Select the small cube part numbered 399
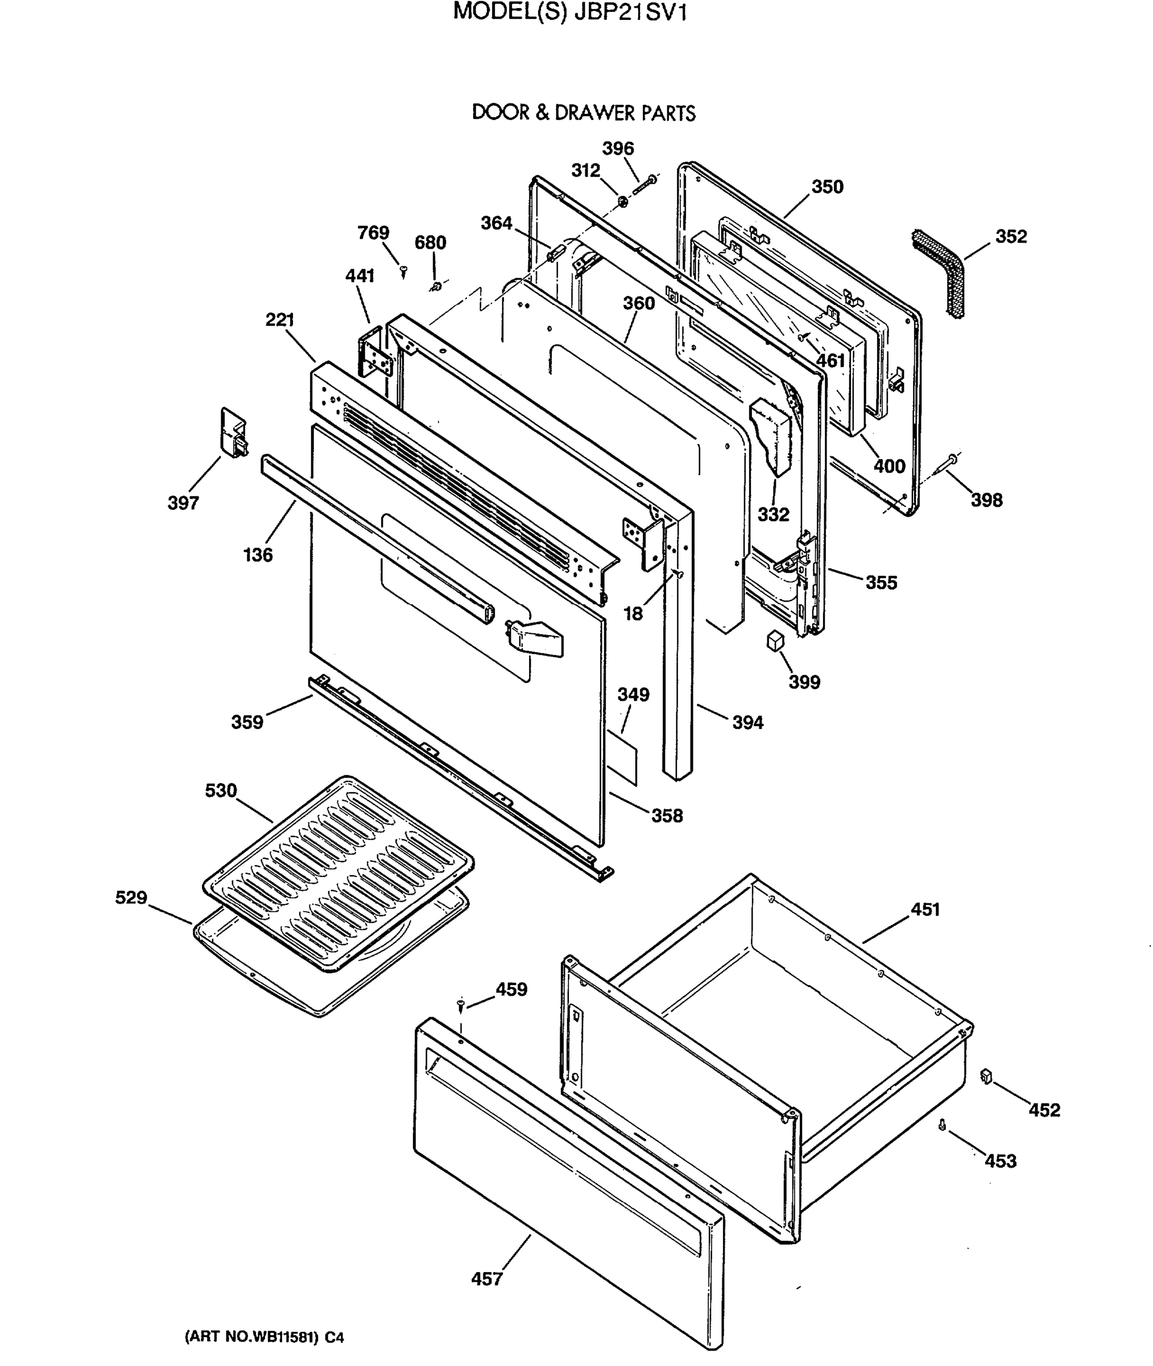click(x=775, y=640)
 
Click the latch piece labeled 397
click(x=232, y=432)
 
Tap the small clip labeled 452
click(x=986, y=1076)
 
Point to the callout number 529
click(x=131, y=897)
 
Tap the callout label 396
click(x=618, y=149)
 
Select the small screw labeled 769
click(x=403, y=269)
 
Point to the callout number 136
click(x=258, y=554)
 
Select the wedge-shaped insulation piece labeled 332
click(x=773, y=435)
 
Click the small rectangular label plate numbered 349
click(x=622, y=756)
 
